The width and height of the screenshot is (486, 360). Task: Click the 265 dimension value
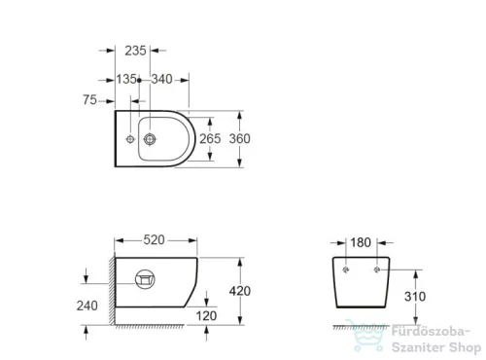coord(210,139)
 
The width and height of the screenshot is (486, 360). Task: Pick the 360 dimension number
coord(239,139)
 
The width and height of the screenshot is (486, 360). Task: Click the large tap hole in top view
coord(151,139)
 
